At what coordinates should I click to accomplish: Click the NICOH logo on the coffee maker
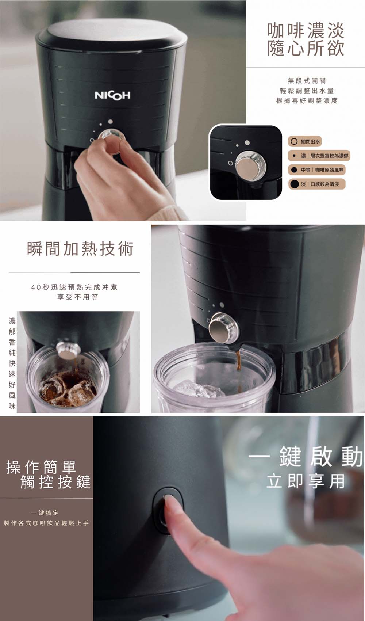pyautogui.click(x=112, y=96)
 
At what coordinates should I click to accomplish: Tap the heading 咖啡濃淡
pyautogui.click(x=306, y=30)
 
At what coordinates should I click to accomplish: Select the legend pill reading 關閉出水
pyautogui.click(x=305, y=142)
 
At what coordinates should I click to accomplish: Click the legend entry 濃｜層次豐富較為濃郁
pyautogui.click(x=319, y=156)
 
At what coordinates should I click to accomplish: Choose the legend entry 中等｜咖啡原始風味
pyautogui.click(x=317, y=170)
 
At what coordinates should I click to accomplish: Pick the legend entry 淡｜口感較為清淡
pyautogui.click(x=317, y=184)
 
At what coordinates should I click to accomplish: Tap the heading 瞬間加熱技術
pyautogui.click(x=80, y=248)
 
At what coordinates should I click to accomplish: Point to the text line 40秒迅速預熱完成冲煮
pyautogui.click(x=74, y=287)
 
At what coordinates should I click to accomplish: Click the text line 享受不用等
pyautogui.click(x=77, y=297)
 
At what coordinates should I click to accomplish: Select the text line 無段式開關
pyautogui.click(x=307, y=81)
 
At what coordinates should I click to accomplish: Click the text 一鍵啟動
pyautogui.click(x=306, y=456)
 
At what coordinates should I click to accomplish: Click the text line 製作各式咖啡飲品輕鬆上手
pyautogui.click(x=46, y=523)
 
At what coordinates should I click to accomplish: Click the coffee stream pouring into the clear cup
pyautogui.click(x=238, y=366)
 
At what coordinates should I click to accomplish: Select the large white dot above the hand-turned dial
pyautogui.click(x=110, y=122)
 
